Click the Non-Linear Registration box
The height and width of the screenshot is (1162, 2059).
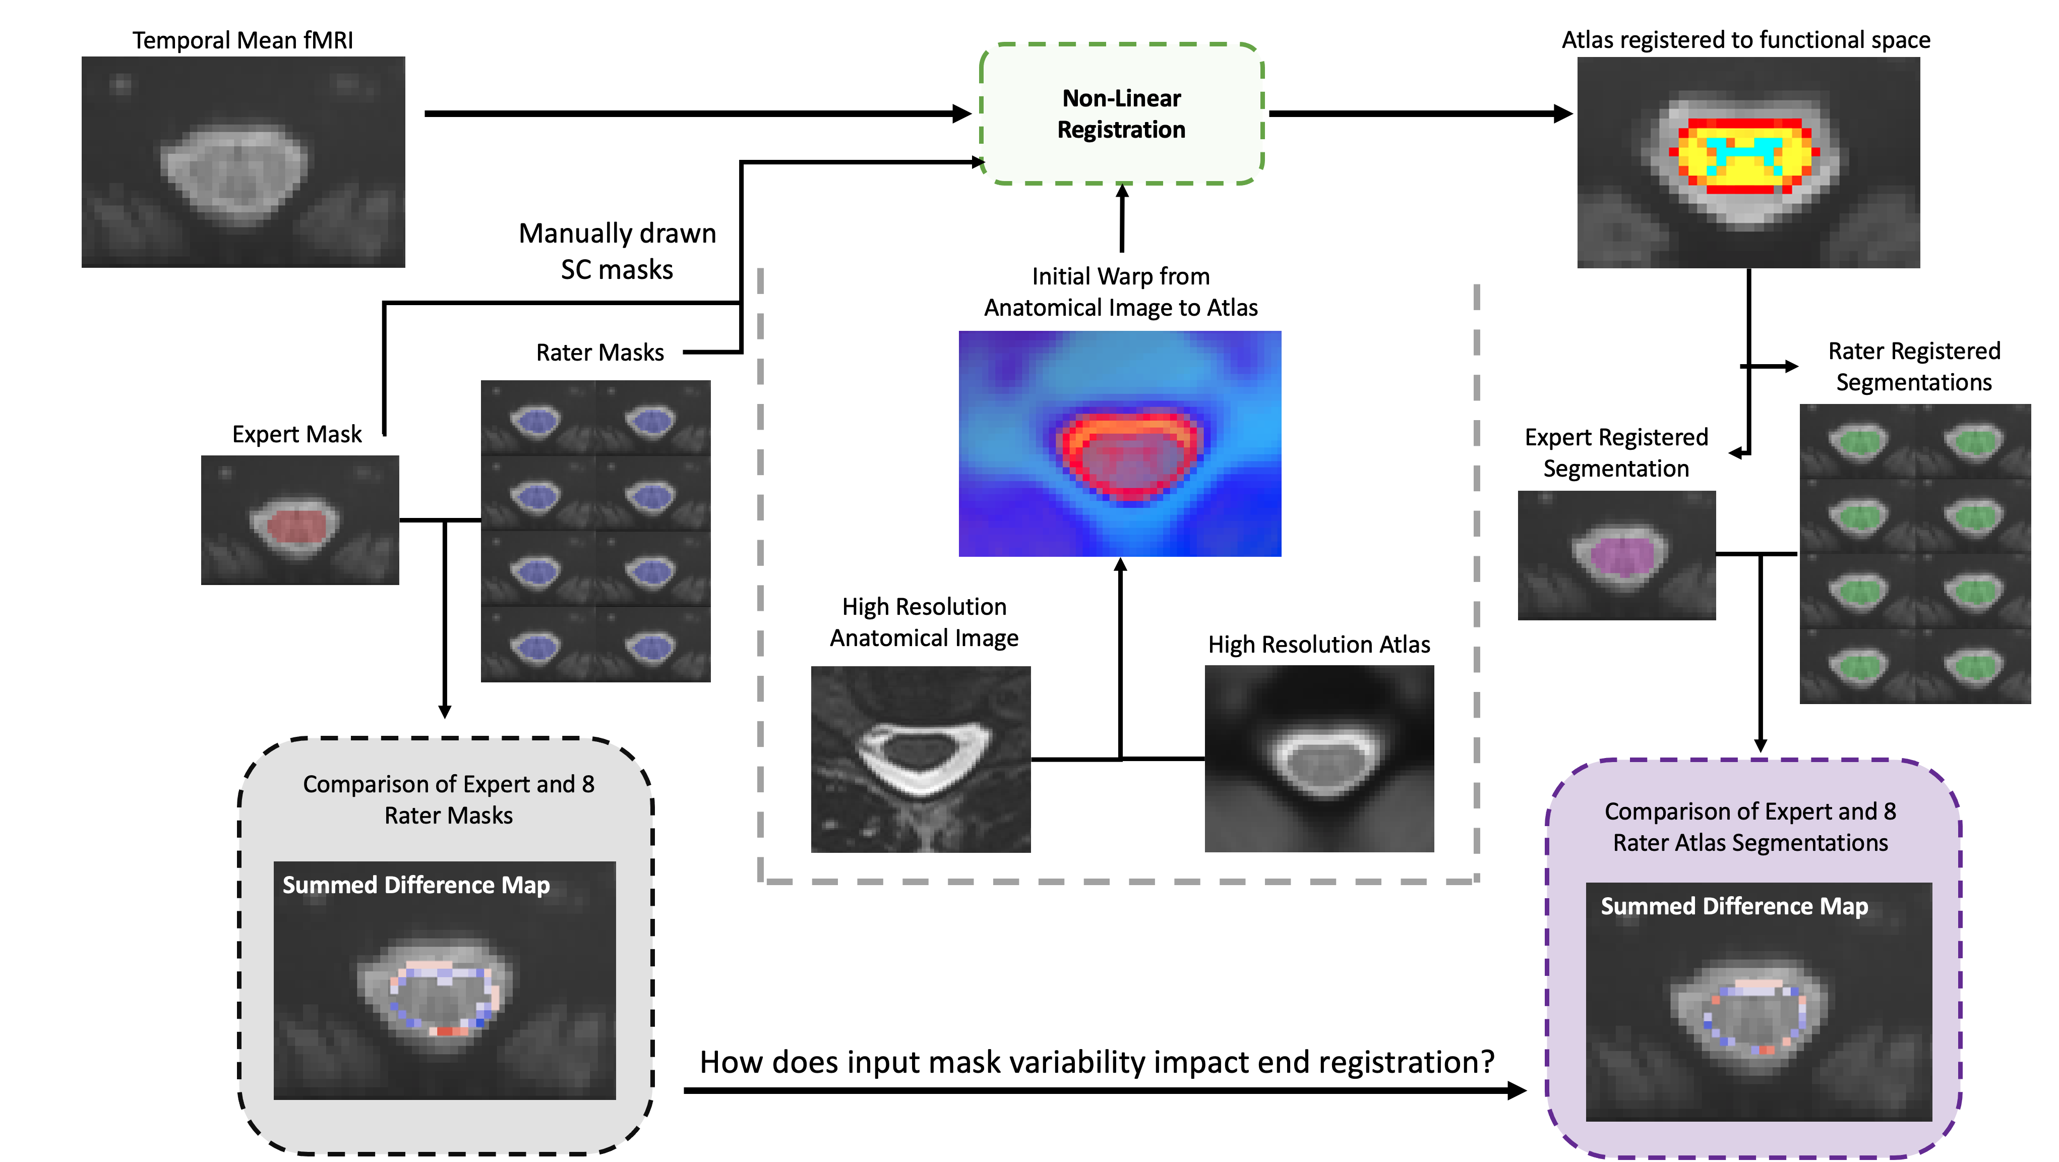(x=1121, y=113)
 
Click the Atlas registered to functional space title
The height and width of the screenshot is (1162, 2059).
(x=1746, y=40)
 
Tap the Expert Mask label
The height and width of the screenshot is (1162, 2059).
(x=296, y=434)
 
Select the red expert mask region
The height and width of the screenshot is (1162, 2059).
(x=296, y=526)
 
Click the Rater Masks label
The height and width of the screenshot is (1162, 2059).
(x=599, y=353)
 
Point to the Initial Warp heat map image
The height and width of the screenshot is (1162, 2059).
(x=1120, y=444)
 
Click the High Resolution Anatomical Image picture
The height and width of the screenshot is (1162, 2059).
(x=921, y=759)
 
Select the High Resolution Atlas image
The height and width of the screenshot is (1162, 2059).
(x=1319, y=759)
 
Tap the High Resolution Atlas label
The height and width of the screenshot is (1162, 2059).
(x=1319, y=645)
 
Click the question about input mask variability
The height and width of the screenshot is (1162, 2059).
(x=1097, y=1062)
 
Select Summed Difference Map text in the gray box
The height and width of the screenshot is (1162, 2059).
(x=415, y=885)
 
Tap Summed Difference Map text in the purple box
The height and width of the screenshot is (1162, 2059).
(x=1734, y=906)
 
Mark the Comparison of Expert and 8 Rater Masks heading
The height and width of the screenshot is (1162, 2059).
(x=448, y=799)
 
